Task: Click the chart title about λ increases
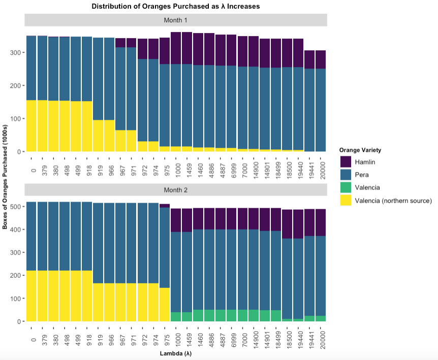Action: [175, 7]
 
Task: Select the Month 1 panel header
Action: [175, 20]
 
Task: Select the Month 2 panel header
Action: [175, 189]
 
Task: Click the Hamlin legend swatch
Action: [346, 162]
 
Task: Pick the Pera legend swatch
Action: [346, 175]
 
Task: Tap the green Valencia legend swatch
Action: [346, 187]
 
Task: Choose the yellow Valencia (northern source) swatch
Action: [346, 200]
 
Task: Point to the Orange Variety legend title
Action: [360, 150]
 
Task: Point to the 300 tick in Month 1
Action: [15, 53]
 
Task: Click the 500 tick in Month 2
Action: [15, 207]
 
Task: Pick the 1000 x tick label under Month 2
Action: [176, 336]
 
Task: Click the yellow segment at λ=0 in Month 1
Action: [32, 126]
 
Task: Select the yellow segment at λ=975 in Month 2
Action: [165, 305]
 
